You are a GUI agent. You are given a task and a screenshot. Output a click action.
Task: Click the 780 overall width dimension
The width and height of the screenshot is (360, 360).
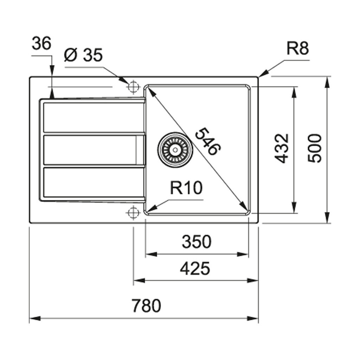[147, 306]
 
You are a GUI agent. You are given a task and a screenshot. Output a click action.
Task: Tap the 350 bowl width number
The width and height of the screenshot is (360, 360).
[197, 242]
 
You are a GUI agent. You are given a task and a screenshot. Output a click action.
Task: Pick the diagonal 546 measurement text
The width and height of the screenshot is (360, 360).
[207, 141]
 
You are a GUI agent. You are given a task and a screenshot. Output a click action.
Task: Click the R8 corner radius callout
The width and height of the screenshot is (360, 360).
[297, 49]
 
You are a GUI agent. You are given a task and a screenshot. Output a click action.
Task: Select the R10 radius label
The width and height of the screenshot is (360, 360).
[186, 188]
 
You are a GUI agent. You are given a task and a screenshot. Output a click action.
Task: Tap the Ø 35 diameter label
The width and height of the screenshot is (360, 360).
[83, 55]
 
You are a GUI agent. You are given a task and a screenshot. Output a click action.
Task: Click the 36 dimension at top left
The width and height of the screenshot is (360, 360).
[41, 44]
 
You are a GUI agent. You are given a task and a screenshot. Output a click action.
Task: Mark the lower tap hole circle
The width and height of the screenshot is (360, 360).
[133, 213]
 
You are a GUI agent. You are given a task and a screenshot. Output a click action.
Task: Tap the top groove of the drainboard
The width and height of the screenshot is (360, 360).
[93, 117]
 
